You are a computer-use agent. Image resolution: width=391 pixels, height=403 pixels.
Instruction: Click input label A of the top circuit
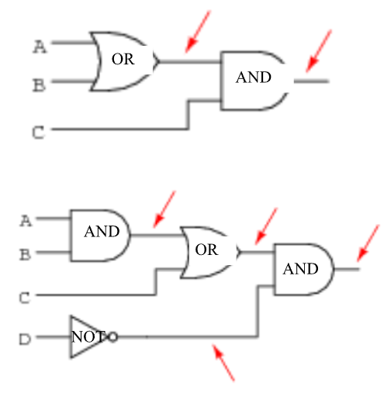[x=40, y=46]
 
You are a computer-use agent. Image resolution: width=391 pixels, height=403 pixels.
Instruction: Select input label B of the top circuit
[x=40, y=85]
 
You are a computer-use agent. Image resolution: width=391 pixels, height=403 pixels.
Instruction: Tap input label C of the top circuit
[x=39, y=133]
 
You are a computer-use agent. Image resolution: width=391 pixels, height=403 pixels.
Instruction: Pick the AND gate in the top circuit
[x=254, y=81]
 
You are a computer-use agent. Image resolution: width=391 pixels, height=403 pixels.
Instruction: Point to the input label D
[x=25, y=339]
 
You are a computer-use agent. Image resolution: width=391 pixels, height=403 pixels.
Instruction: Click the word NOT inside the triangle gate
[x=88, y=337]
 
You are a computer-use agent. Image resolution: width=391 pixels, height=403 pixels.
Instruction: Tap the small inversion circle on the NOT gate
[x=113, y=337]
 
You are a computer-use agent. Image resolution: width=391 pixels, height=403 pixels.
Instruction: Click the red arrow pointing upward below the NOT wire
[x=223, y=362]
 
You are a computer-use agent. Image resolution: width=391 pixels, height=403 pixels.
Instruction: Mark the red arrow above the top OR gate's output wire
[x=198, y=32]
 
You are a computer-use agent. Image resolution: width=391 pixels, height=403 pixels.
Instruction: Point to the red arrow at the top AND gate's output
[x=319, y=51]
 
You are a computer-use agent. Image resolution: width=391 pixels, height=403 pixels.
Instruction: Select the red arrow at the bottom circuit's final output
[x=369, y=243]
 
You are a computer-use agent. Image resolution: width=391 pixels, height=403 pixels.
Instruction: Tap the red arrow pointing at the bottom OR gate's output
[x=266, y=226]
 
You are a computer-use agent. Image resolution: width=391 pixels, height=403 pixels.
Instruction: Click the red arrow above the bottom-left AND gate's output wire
[x=164, y=209]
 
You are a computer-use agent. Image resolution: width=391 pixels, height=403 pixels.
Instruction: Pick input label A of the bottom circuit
[x=26, y=221]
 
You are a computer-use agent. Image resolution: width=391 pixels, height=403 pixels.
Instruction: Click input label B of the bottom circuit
[x=25, y=254]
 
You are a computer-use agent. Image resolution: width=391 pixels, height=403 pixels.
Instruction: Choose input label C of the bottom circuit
[x=25, y=298]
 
